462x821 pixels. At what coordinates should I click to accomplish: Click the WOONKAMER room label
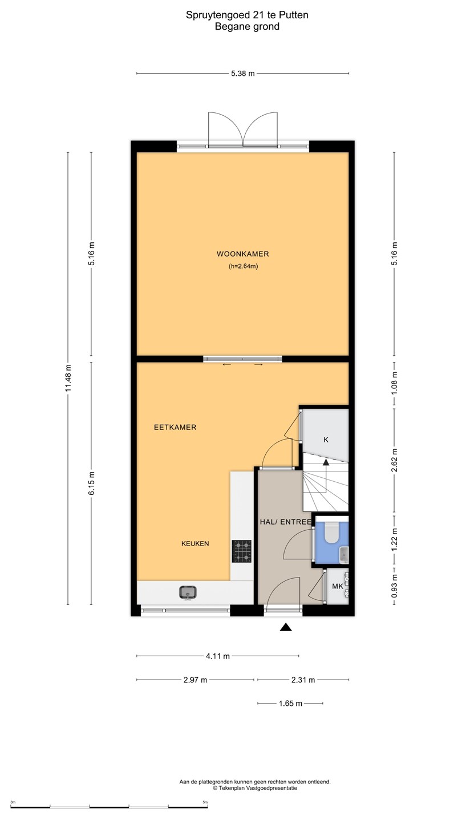(243, 254)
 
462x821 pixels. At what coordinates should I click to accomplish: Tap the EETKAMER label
(175, 427)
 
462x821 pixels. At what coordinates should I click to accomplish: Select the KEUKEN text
(195, 543)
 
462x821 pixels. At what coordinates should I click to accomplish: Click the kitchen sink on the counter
(188, 592)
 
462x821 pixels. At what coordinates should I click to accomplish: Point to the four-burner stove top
(241, 551)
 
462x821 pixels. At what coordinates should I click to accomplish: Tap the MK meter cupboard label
(337, 587)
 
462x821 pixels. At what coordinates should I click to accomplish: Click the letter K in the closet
(326, 440)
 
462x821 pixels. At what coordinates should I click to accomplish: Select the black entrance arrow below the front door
(286, 627)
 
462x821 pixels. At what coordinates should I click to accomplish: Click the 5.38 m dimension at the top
(243, 74)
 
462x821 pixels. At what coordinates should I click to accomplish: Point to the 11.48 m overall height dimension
(68, 378)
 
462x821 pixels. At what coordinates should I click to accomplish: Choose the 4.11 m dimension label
(218, 656)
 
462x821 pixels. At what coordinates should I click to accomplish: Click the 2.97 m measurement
(196, 680)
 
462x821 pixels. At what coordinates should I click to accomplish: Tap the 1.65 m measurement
(290, 704)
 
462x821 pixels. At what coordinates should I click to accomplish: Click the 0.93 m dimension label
(395, 586)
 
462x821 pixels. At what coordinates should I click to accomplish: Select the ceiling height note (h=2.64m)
(243, 266)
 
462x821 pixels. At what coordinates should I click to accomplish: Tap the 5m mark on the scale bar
(205, 802)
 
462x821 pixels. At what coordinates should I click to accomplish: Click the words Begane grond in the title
(247, 26)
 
